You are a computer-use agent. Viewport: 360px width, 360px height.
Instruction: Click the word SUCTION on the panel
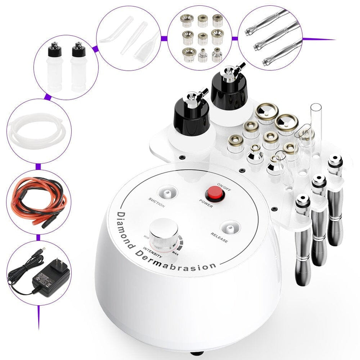(x=157, y=203)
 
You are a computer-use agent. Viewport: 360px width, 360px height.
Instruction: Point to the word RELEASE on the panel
(x=219, y=238)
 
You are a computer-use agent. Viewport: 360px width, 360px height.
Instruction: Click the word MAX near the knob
(x=175, y=253)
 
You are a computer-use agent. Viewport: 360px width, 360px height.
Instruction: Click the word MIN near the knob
(x=146, y=237)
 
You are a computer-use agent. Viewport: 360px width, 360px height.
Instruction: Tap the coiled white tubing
(x=38, y=132)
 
